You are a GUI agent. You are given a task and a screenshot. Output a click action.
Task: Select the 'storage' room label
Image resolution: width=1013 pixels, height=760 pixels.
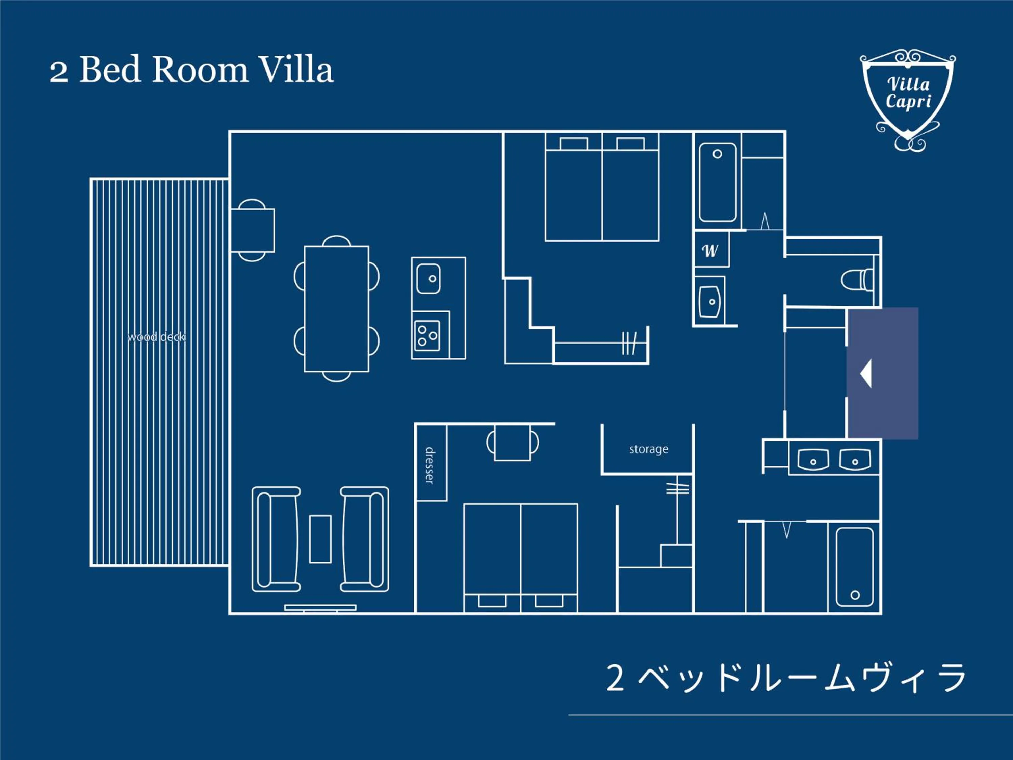point(648,449)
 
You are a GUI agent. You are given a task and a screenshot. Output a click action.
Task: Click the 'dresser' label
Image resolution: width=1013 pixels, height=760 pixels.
point(430,465)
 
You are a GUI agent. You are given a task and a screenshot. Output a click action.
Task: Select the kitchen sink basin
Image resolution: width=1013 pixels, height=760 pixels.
point(428,279)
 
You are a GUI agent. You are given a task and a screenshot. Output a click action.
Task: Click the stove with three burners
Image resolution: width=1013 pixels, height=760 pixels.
point(427,336)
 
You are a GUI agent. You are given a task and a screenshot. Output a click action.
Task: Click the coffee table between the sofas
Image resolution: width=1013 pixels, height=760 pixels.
point(320,539)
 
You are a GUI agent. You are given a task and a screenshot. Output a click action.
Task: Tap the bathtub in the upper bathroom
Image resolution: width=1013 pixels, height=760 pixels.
point(718,182)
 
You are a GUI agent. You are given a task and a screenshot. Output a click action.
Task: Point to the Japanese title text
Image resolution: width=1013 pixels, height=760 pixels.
point(786,678)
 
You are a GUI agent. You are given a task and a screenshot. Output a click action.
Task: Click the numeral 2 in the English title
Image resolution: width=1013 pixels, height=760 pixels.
point(59,72)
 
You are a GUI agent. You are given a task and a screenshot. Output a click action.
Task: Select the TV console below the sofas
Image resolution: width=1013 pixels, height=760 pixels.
point(320,607)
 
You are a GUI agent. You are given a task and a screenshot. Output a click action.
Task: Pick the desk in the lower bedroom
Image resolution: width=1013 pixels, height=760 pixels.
point(513,442)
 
